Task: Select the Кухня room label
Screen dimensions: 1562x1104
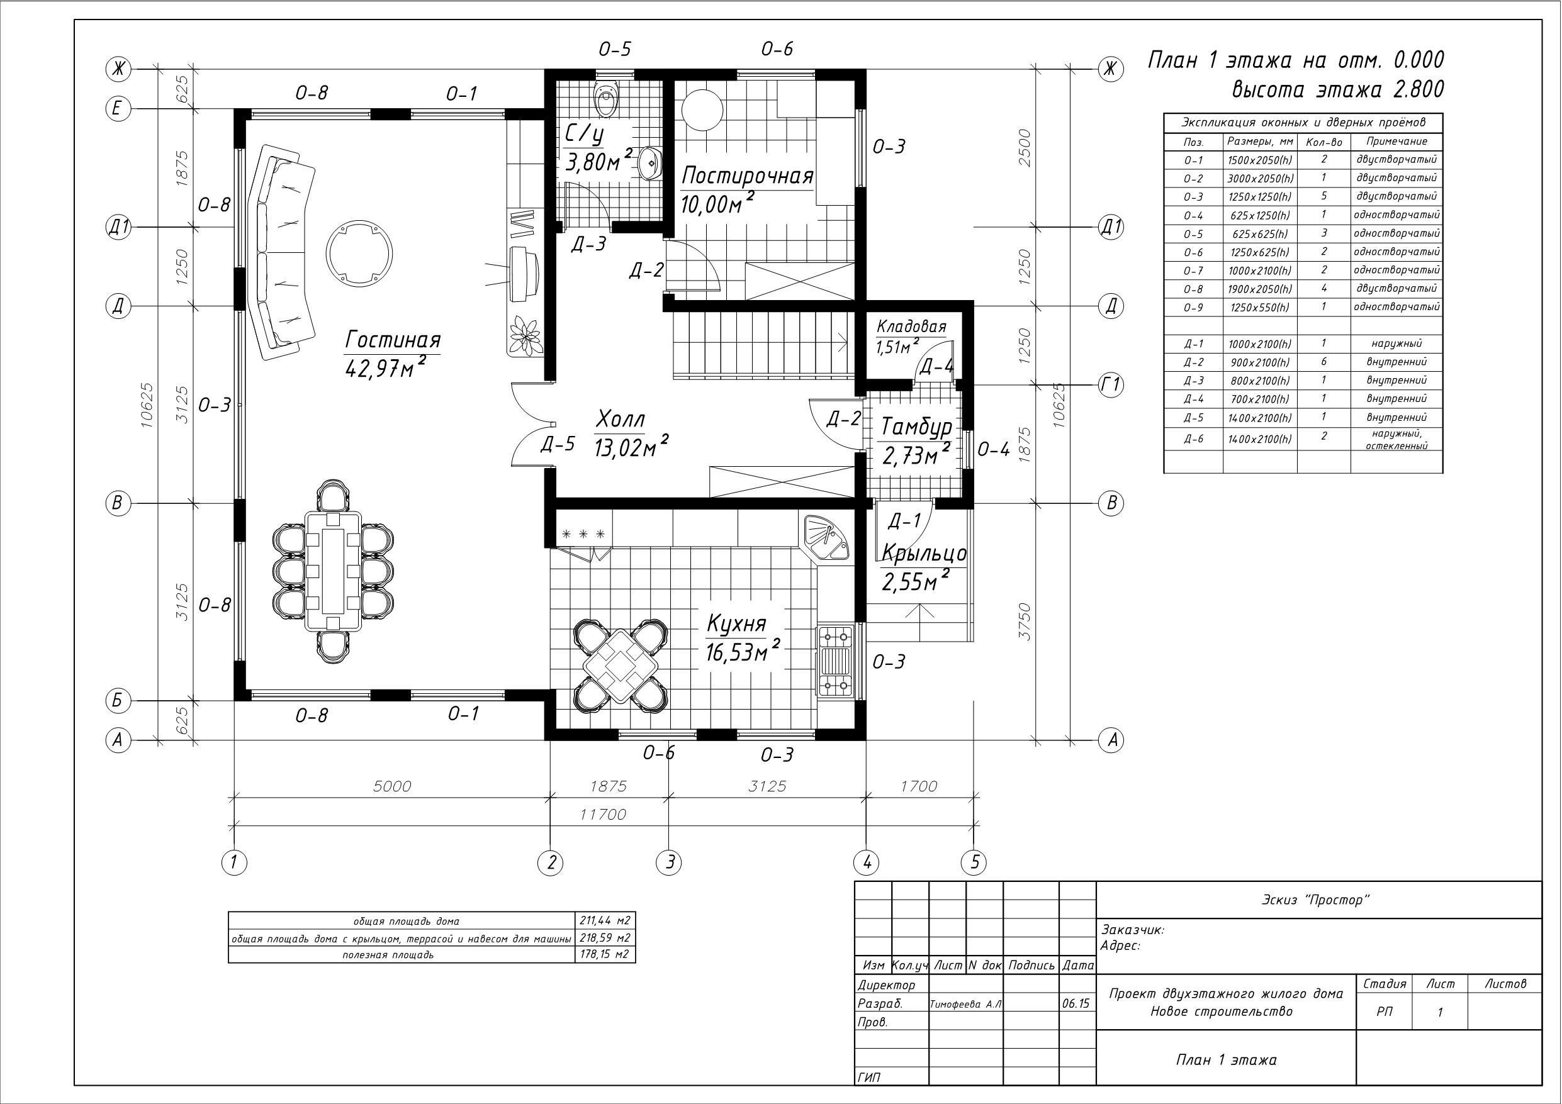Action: pos(737,624)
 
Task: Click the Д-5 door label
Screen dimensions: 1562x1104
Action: pos(558,444)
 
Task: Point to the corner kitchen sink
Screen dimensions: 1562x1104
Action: pos(824,537)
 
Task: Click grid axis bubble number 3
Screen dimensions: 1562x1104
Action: pos(670,862)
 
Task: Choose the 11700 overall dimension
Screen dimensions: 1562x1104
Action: pos(604,814)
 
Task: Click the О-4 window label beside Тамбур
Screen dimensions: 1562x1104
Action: pos(993,449)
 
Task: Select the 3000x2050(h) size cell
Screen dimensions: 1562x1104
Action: pos(1260,178)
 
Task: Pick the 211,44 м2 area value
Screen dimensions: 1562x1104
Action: pos(605,921)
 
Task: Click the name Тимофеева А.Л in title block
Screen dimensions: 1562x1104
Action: pos(965,1004)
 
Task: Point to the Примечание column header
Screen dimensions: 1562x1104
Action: pos(1396,142)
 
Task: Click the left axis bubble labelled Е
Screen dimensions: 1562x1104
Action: pos(118,109)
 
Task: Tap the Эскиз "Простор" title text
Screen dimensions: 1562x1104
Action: pos(1316,900)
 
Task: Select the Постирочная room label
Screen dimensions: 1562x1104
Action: pos(748,176)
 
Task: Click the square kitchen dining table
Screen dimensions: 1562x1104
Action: pos(620,666)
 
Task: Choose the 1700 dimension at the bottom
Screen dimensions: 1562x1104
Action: pos(918,786)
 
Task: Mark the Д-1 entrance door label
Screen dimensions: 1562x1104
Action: pos(905,520)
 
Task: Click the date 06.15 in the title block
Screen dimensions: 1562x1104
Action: pos(1075,1003)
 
